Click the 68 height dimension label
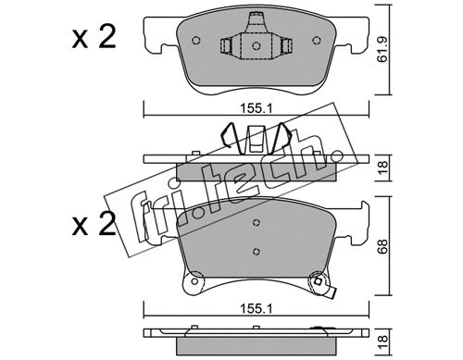click(382, 246)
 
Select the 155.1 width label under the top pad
click(257, 108)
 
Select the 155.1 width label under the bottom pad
click(257, 308)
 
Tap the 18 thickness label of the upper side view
click(382, 168)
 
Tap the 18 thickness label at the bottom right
click(382, 341)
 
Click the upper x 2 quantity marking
click(94, 37)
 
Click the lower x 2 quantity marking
click(94, 223)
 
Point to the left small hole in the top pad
click(196, 41)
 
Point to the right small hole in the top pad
click(316, 41)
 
